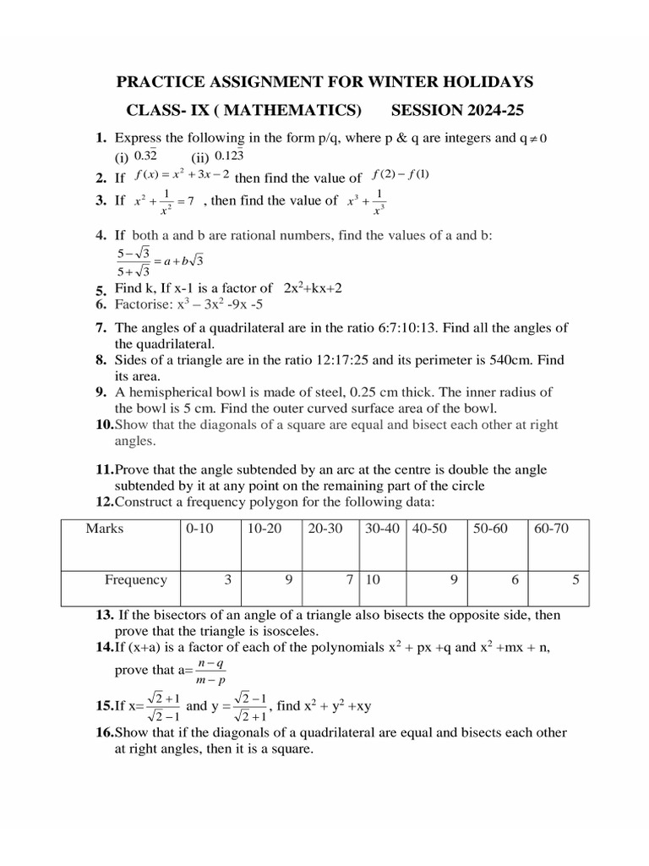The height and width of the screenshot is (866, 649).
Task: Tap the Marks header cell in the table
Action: [x=104, y=529]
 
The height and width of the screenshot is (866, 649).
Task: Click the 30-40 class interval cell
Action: [x=381, y=529]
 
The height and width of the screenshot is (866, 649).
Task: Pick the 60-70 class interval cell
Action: [x=552, y=529]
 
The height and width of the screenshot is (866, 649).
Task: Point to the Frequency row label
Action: [x=135, y=580]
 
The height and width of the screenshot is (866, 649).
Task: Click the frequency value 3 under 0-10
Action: [x=227, y=580]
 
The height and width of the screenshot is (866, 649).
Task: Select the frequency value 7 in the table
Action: [x=348, y=580]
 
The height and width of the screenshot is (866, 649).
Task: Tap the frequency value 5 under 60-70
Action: [x=575, y=580]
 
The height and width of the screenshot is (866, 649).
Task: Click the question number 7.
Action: [x=101, y=328]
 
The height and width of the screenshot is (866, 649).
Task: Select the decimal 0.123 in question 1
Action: [x=229, y=156]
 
